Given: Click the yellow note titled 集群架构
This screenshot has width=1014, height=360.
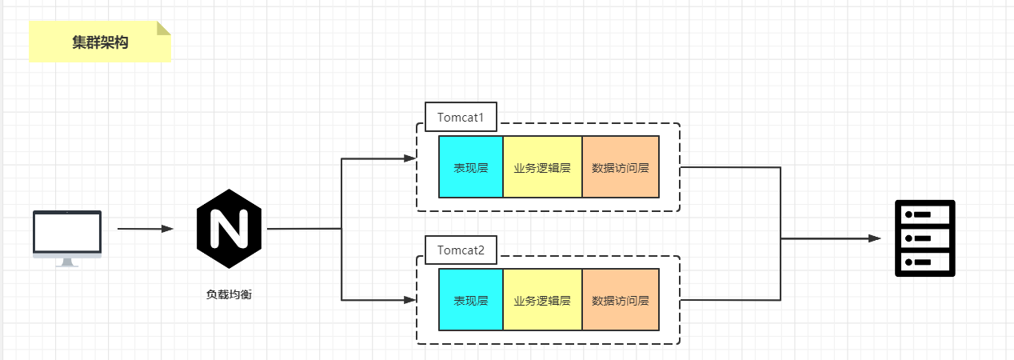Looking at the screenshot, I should (x=100, y=42).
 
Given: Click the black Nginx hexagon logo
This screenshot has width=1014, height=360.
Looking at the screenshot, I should (x=229, y=229).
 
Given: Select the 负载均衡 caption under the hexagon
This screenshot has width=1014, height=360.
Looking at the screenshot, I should (x=229, y=294).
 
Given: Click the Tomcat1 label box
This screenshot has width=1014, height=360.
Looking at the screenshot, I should (x=461, y=117).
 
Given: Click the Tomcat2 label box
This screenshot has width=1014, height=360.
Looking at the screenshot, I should (x=461, y=250).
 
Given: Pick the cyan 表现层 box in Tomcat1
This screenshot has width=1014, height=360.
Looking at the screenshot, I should (x=471, y=167).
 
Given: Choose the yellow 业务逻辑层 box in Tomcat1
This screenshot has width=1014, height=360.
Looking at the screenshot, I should (x=542, y=167).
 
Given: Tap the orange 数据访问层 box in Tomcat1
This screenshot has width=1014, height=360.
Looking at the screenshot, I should (x=621, y=167).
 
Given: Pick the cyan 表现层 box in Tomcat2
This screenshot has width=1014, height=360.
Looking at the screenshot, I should (x=471, y=300).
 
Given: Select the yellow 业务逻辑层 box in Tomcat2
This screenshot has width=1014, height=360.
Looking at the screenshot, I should (x=542, y=300).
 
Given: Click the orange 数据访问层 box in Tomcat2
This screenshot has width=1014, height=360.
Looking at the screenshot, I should (x=621, y=300).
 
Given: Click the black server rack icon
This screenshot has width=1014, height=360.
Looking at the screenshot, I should (x=924, y=238).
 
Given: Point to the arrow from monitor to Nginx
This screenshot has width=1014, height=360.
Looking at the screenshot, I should (x=145, y=229).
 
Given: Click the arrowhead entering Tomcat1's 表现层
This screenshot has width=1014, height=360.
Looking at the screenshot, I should (x=410, y=159).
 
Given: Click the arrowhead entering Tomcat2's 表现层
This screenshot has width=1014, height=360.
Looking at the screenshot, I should (x=410, y=300).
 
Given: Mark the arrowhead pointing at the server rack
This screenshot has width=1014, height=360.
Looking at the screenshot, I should (x=875, y=238).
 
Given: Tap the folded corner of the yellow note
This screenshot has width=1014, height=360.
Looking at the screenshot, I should (x=164, y=28).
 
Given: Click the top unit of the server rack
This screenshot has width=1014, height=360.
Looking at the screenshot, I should (x=924, y=214).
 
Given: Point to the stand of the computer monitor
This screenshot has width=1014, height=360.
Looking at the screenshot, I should (x=67, y=262).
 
